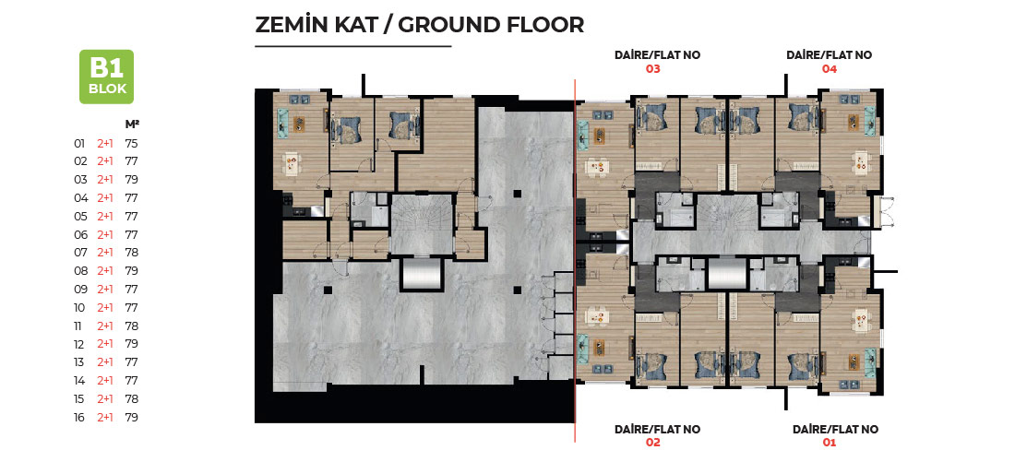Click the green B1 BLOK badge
pyautogui.click(x=106, y=77)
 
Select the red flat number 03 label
pyautogui.click(x=652, y=69)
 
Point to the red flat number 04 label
pyautogui.click(x=830, y=69)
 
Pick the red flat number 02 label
pyautogui.click(x=652, y=443)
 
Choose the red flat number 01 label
pyautogui.click(x=830, y=443)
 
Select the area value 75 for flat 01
pyautogui.click(x=131, y=143)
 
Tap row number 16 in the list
pyautogui.click(x=79, y=418)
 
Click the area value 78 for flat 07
pyautogui.click(x=131, y=253)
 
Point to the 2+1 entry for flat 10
pyautogui.click(x=105, y=307)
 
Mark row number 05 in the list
pyautogui.click(x=80, y=216)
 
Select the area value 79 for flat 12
pyautogui.click(x=131, y=344)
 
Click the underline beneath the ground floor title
pyautogui.click(x=352, y=47)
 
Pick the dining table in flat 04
pyautogui.click(x=860, y=161)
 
